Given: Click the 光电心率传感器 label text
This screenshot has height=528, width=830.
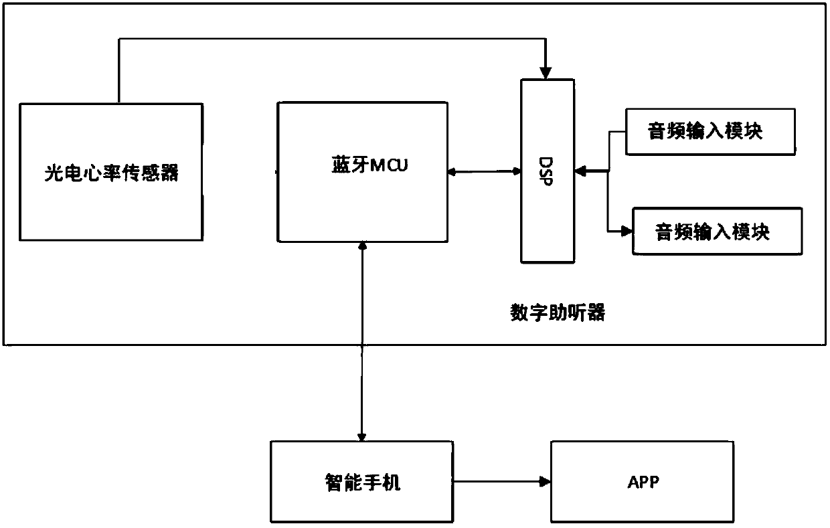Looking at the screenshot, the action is [x=111, y=173].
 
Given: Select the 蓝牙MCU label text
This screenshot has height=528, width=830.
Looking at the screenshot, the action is [x=369, y=165].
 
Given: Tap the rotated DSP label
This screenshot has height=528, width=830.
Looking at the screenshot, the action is [x=546, y=171].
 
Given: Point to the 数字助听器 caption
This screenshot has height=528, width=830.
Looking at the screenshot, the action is [x=558, y=313].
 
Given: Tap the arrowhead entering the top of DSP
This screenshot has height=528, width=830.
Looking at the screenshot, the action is [x=546, y=73].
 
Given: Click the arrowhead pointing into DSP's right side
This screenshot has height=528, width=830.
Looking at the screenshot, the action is [x=580, y=171].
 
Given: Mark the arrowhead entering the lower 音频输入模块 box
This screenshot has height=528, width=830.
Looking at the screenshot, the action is [x=627, y=231].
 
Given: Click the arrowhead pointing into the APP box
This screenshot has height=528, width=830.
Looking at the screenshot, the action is [x=545, y=482].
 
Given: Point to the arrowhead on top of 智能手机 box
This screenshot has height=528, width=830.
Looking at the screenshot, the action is [x=361, y=437].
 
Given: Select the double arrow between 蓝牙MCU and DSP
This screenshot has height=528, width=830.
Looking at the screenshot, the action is [x=485, y=171].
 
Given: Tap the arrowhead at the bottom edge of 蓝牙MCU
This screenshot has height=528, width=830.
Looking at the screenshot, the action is [x=362, y=246].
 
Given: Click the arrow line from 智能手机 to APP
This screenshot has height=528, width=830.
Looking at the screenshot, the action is [x=502, y=482].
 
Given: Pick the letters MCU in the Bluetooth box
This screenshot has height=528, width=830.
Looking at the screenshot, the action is [x=389, y=165].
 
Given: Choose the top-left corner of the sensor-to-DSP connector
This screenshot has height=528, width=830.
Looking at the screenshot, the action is [x=119, y=39].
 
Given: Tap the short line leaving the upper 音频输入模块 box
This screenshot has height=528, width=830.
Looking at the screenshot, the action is [x=617, y=132].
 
